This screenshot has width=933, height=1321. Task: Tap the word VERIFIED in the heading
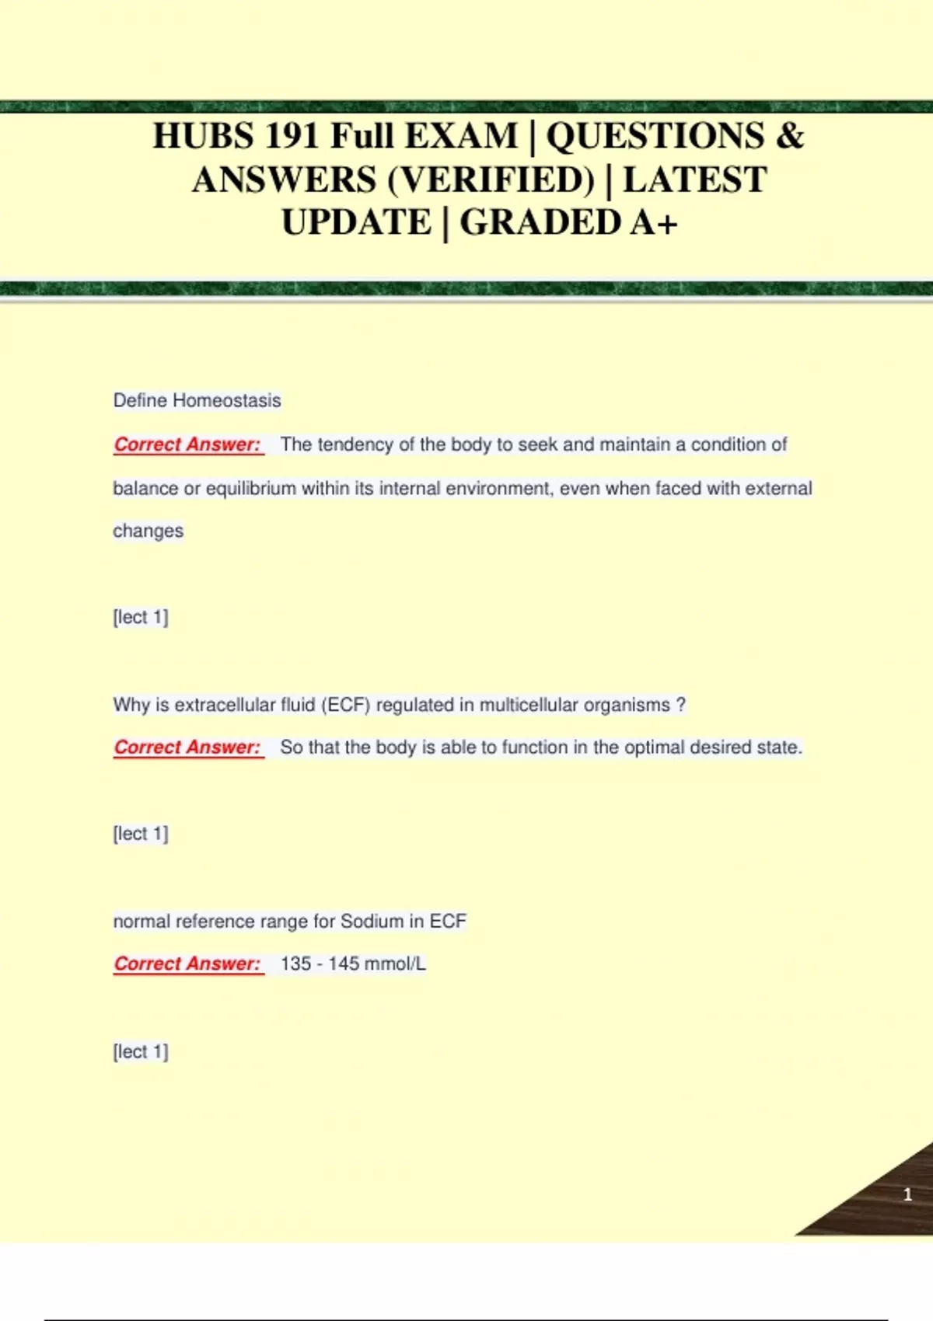[x=491, y=180]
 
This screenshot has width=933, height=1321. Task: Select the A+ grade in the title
[x=654, y=223]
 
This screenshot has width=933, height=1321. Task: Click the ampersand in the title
[x=789, y=136]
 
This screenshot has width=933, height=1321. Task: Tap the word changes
[x=148, y=531]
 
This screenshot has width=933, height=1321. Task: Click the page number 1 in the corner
[x=907, y=1194]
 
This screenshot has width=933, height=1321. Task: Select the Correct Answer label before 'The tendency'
[x=187, y=444]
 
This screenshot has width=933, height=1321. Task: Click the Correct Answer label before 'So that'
[x=187, y=748]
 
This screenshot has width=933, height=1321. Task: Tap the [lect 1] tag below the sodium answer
[x=141, y=1051]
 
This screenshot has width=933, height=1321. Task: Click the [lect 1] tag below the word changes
[x=141, y=617]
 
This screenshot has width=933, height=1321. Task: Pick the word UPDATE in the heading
[x=356, y=223]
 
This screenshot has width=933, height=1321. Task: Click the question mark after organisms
[x=681, y=705]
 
